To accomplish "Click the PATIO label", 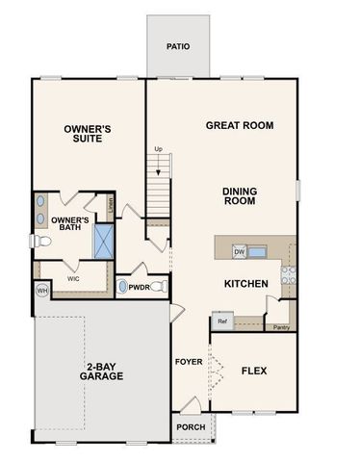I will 177,45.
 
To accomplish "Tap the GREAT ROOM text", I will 240,125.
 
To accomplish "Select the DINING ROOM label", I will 239,196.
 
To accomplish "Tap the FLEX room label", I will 254,370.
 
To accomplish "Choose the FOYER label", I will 188,362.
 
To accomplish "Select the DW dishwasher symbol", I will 240,252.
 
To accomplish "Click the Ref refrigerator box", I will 222,322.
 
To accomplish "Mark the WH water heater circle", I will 42,290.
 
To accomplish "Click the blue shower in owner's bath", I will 104,240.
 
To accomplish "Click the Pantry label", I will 281,328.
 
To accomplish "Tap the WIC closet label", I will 72,278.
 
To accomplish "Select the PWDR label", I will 140,287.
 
